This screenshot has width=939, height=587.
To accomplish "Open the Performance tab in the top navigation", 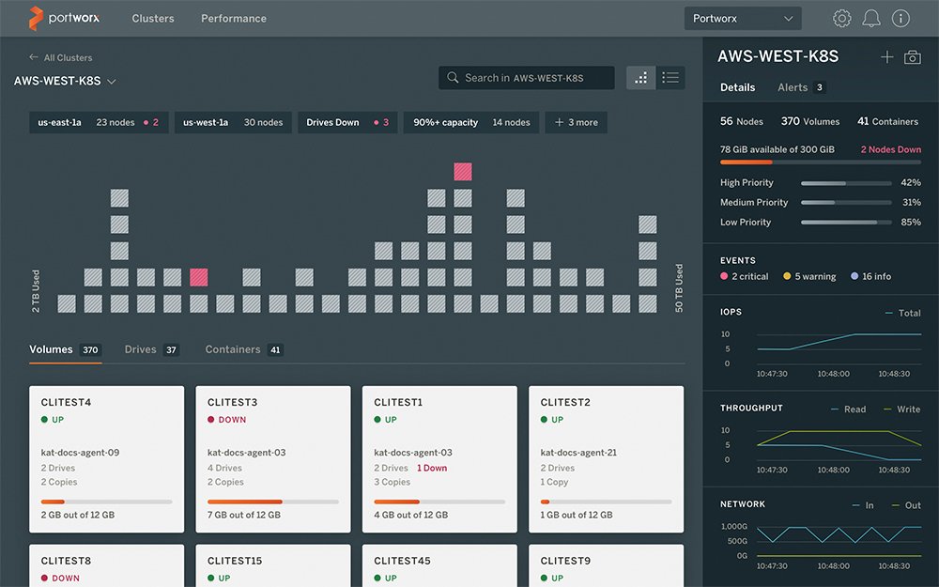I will point(233,19).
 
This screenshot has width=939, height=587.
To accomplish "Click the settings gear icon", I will point(842,19).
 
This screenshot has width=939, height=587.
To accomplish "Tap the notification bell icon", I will point(871,19).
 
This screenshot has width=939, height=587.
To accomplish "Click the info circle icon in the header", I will point(901,19).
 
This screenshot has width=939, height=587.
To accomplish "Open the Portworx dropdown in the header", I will point(742,19).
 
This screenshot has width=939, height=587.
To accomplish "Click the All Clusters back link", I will point(61,57).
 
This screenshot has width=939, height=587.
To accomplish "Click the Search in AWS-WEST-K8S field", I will point(527,78).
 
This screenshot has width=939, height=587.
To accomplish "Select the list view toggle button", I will point(670,78).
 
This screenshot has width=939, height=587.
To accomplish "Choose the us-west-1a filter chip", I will point(232,122).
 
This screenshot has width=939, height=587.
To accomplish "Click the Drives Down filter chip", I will point(346,122).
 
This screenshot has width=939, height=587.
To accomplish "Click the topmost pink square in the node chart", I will point(462,171).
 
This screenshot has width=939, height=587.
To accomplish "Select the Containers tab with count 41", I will point(243,349).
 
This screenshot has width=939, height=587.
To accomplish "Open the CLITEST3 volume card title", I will point(232,402).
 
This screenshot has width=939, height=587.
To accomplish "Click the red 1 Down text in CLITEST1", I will point(432,468).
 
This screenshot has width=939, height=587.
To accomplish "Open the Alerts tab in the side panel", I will point(800,87).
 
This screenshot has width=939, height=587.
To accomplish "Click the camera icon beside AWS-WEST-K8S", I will point(912,57).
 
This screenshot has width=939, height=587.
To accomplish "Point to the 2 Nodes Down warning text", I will point(890,149).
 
